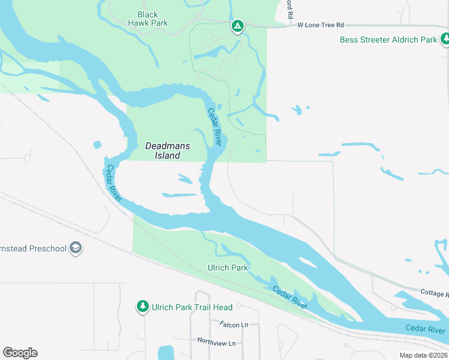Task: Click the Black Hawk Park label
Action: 148,19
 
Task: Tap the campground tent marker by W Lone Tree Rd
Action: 238,26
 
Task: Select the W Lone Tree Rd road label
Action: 321,25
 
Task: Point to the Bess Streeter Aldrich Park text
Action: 388,40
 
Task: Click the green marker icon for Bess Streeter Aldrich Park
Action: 445,40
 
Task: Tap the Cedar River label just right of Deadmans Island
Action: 215,126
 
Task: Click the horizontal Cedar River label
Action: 425,329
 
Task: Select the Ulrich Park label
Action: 228,268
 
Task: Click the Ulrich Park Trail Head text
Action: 191,307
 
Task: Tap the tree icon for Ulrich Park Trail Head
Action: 143,307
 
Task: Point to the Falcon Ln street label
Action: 234,325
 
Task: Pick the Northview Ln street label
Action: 216,340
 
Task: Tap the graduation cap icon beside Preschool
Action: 76,248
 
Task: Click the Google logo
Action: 20,352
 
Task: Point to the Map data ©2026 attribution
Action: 423,355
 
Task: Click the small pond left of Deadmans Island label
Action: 97,145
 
